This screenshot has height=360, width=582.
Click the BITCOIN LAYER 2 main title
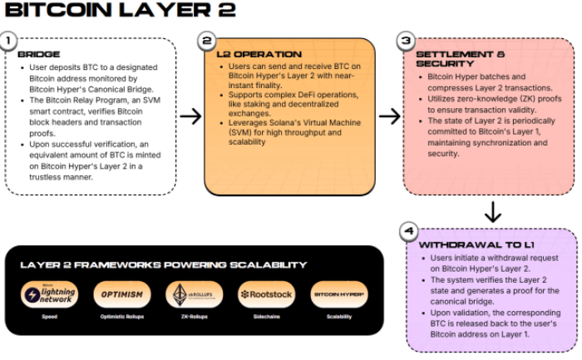coord(121,11)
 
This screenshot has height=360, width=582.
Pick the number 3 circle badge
coord(406,40)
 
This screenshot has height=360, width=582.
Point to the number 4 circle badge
coord(407,231)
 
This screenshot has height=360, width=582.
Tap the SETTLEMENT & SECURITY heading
coord(450,59)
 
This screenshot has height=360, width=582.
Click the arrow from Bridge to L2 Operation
coord(191,116)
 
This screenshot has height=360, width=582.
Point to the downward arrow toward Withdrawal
coord(492,211)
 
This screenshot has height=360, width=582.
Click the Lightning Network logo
coord(51,294)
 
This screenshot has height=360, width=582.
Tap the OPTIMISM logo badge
coord(122,294)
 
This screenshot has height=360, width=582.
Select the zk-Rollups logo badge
coord(194,294)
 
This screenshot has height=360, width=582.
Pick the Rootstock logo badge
coord(266,294)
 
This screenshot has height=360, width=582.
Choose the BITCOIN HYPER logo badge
coord(339,294)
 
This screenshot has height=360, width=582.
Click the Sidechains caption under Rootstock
coord(266,318)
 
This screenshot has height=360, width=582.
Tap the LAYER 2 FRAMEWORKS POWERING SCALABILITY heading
coord(164,264)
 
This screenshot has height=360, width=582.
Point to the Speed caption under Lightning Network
coord(51,318)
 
